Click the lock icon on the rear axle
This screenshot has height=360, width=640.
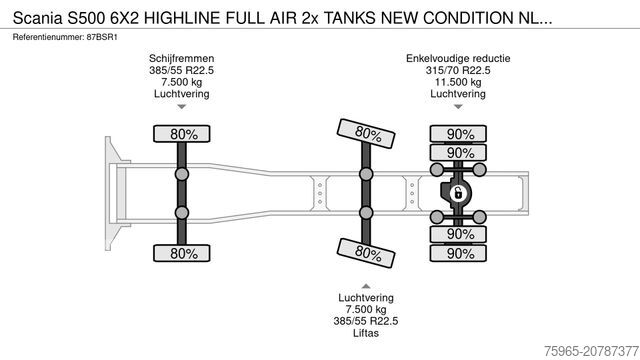click(x=459, y=192)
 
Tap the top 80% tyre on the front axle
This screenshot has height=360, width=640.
click(x=182, y=134)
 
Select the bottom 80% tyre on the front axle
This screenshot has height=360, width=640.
click(x=182, y=253)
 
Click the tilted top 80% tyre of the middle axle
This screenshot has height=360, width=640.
click(x=367, y=132)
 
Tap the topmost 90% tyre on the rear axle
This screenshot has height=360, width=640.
click(x=460, y=134)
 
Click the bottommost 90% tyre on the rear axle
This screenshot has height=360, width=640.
click(x=460, y=253)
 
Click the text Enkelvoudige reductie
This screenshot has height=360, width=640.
click(x=459, y=59)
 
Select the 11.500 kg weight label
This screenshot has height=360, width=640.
click(x=459, y=83)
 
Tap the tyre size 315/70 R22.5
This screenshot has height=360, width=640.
click(x=459, y=71)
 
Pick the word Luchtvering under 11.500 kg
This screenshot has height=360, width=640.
click(x=459, y=95)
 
